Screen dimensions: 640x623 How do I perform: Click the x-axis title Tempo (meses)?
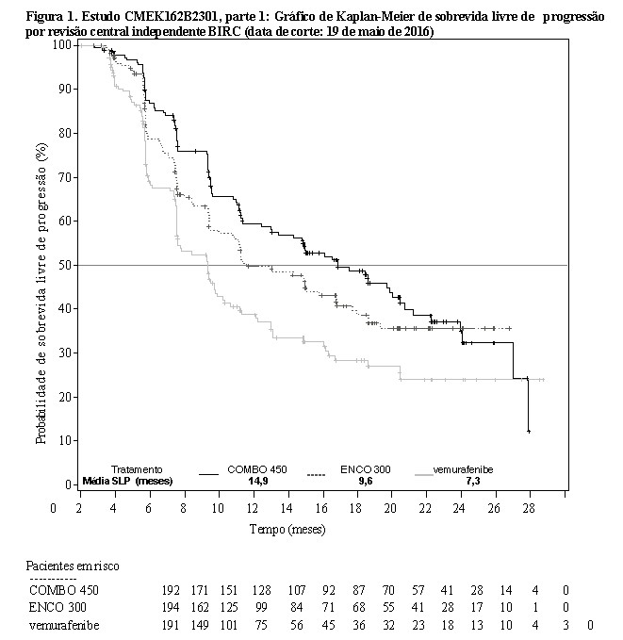pyautogui.click(x=287, y=529)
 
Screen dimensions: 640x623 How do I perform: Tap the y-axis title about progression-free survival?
pyautogui.click(x=41, y=292)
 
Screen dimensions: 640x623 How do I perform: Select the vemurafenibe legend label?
pyautogui.click(x=463, y=469)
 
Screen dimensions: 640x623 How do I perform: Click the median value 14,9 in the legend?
pyautogui.click(x=257, y=481)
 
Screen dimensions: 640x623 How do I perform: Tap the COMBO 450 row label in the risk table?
pyautogui.click(x=62, y=590)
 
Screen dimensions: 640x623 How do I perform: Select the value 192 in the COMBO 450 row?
pyautogui.click(x=173, y=590)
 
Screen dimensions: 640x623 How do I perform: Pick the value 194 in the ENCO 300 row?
pyautogui.click(x=173, y=607)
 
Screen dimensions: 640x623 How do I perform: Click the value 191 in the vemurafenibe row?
pyautogui.click(x=173, y=624)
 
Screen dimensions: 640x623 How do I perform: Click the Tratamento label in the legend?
pyautogui.click(x=137, y=469)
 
